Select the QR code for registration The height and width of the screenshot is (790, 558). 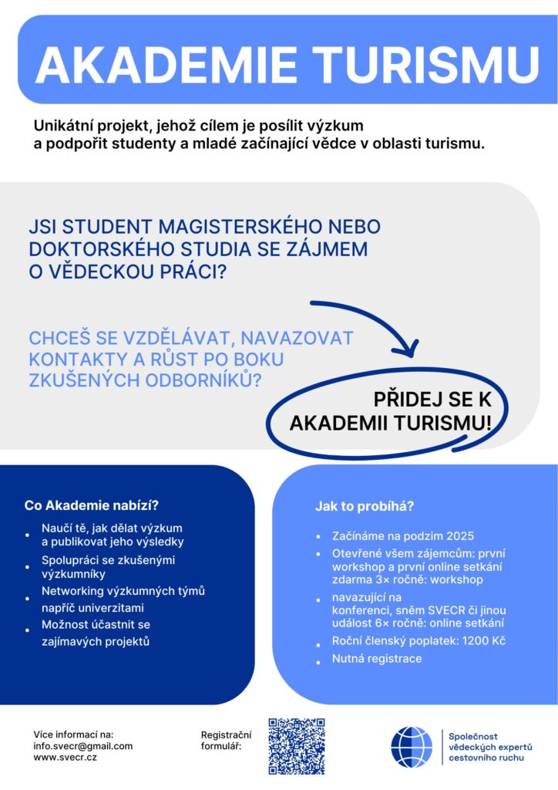click(x=297, y=746)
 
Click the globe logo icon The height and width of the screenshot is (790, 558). click(x=412, y=747)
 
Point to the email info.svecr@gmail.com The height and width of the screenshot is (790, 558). click(x=83, y=746)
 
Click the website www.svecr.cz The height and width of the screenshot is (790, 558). click(x=66, y=758)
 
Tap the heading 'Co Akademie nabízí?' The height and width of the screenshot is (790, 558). click(x=91, y=506)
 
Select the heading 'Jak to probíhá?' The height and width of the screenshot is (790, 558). click(x=365, y=506)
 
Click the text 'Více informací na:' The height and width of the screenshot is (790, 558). click(x=73, y=734)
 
